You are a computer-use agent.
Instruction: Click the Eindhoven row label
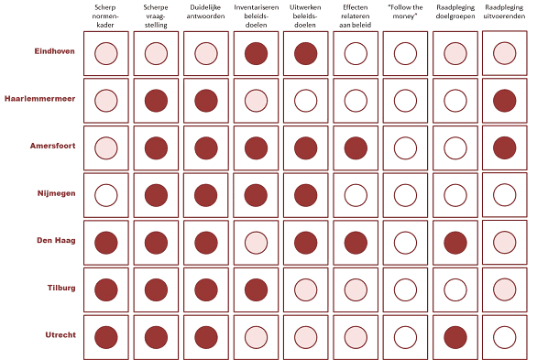pos(54,51)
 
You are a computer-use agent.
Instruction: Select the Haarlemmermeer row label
pos(39,99)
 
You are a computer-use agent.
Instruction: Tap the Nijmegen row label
pos(56,193)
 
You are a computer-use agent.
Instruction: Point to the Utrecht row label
pos(60,335)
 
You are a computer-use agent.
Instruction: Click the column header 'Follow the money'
pos(405,12)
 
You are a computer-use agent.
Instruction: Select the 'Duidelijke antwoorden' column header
pos(205,12)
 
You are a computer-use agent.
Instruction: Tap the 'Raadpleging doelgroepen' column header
pos(455,12)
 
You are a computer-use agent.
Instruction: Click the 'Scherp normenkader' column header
pos(105,16)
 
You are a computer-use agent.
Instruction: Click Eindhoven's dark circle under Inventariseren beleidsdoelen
pos(257,53)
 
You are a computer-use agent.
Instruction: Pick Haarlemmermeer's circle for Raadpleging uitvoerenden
pos(505,101)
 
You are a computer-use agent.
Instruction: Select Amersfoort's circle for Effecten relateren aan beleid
pos(356,147)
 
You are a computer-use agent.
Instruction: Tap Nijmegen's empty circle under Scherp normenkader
pos(106,195)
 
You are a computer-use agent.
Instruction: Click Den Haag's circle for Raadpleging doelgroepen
pos(455,243)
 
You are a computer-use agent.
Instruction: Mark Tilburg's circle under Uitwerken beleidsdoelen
pos(306,289)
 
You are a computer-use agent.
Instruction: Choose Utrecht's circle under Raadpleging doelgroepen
pos(455,337)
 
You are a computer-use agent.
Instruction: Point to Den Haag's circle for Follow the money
pos(405,243)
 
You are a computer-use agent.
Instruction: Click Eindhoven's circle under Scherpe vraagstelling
pos(156,53)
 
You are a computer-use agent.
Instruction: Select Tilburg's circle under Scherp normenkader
pos(106,289)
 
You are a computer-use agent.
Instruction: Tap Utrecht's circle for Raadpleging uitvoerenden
pos(505,337)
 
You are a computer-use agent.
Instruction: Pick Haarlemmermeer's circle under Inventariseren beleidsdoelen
pos(257,101)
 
